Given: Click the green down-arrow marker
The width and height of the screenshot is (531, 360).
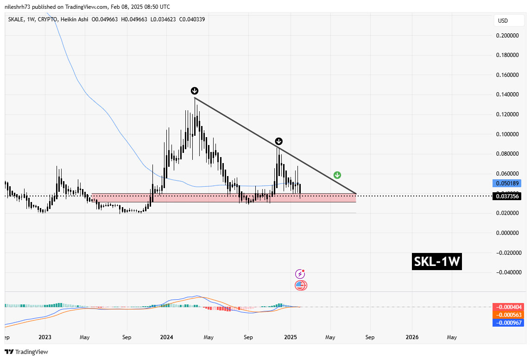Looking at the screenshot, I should click(337, 175).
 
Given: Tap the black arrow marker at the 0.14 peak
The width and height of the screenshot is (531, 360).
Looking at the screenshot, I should click(195, 91).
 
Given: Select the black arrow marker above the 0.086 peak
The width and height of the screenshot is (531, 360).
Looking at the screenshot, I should click(278, 141).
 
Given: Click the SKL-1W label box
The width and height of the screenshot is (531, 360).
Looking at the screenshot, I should click(437, 262).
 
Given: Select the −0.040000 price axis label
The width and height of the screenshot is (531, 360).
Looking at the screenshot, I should click(507, 272).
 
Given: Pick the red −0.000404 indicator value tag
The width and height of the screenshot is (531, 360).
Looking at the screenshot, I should click(508, 307).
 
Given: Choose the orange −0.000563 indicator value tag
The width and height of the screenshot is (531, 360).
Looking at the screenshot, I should click(508, 315).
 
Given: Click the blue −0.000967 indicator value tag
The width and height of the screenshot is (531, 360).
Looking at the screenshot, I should click(508, 323).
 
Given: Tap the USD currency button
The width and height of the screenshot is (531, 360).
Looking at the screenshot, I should click(503, 21).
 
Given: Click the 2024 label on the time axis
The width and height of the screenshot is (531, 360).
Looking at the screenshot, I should click(166, 337).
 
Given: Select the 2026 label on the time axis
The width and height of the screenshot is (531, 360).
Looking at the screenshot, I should click(412, 337).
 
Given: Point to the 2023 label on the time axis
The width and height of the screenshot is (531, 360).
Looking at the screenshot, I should click(45, 337).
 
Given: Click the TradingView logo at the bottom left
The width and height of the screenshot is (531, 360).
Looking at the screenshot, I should click(26, 352).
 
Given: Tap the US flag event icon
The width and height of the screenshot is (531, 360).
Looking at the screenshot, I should click(301, 285).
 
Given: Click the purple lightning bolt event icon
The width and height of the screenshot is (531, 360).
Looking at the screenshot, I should click(301, 274).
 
